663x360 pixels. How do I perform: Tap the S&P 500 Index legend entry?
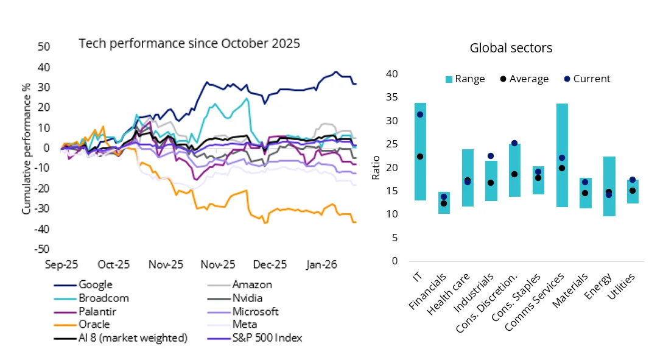pos(267,338)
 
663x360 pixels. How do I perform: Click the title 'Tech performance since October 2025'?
pos(189,44)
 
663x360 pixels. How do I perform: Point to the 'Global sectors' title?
pos(511,48)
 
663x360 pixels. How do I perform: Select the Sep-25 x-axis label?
pos(61,265)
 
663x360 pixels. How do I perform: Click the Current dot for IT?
pos(419,115)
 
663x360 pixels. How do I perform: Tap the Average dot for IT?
pos(419,157)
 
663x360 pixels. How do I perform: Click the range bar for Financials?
pos(444,203)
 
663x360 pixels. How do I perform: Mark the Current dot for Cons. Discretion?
pos(514,143)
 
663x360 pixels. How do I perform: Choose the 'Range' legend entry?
pos(466,79)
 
